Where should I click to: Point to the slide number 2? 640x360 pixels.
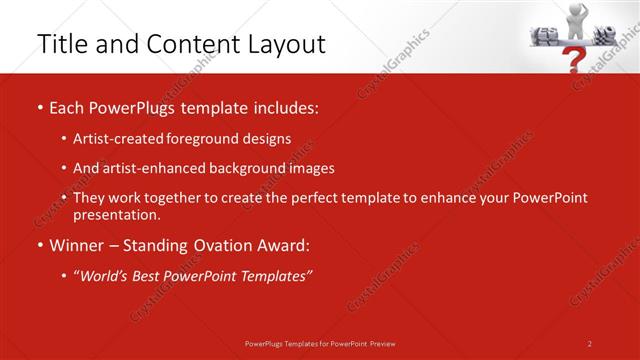click(x=590, y=343)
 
